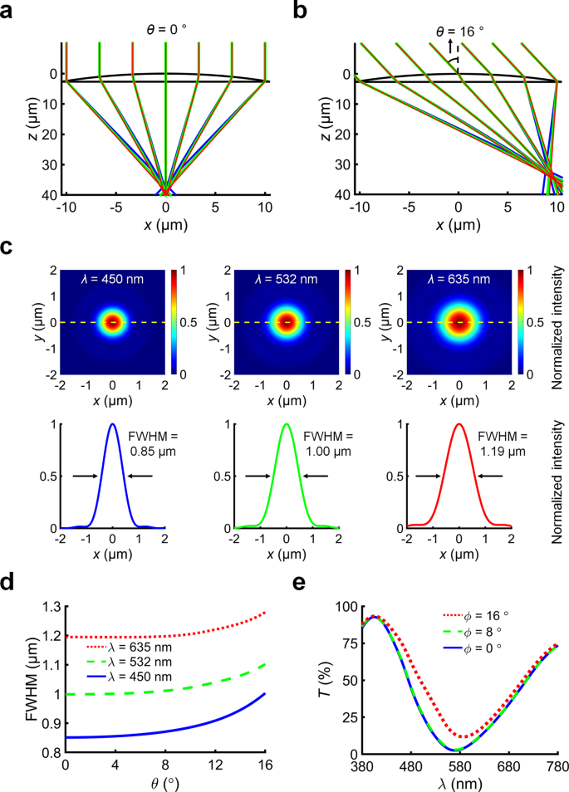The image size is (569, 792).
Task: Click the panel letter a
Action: click(9, 12)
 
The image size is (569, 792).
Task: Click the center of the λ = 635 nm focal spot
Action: click(459, 321)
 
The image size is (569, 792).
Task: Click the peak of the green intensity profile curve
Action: click(287, 424)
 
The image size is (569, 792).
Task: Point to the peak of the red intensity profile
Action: click(459, 424)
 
